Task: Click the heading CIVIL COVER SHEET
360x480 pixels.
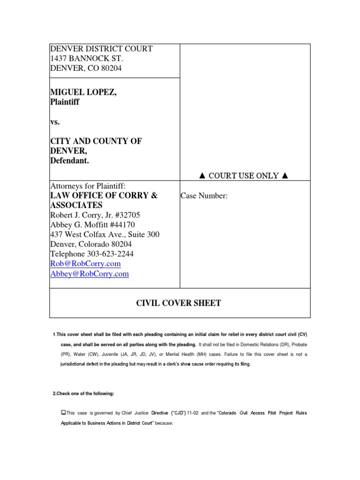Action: (178, 303)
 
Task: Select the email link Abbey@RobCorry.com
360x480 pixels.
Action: (89, 274)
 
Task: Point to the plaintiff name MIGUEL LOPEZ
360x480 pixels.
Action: (83, 93)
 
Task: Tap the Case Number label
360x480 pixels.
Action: (204, 196)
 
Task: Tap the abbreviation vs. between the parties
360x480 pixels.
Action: (55, 122)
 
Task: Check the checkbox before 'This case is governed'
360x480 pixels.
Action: (63, 412)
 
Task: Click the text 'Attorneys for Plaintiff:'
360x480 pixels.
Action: (88, 186)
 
